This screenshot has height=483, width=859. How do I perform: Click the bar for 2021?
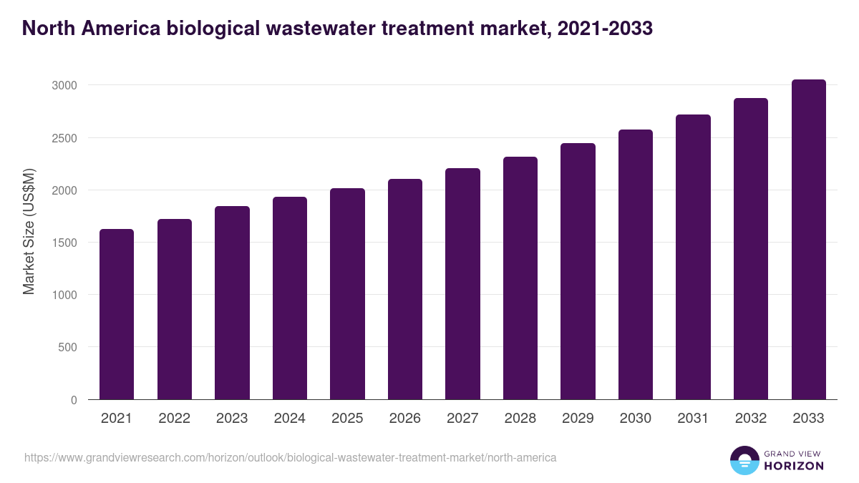tap(117, 315)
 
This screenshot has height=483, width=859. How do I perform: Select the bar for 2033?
tap(808, 240)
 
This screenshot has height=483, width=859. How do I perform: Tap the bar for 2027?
tap(462, 284)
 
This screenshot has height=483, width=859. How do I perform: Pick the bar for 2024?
tap(290, 298)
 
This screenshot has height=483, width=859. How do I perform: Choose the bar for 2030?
tap(636, 265)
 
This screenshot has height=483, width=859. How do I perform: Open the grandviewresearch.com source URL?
tap(290, 457)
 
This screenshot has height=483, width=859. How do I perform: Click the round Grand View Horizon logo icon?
tap(744, 460)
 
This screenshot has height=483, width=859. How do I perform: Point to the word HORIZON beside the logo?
tap(793, 466)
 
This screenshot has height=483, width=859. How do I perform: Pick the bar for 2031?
tap(693, 257)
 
